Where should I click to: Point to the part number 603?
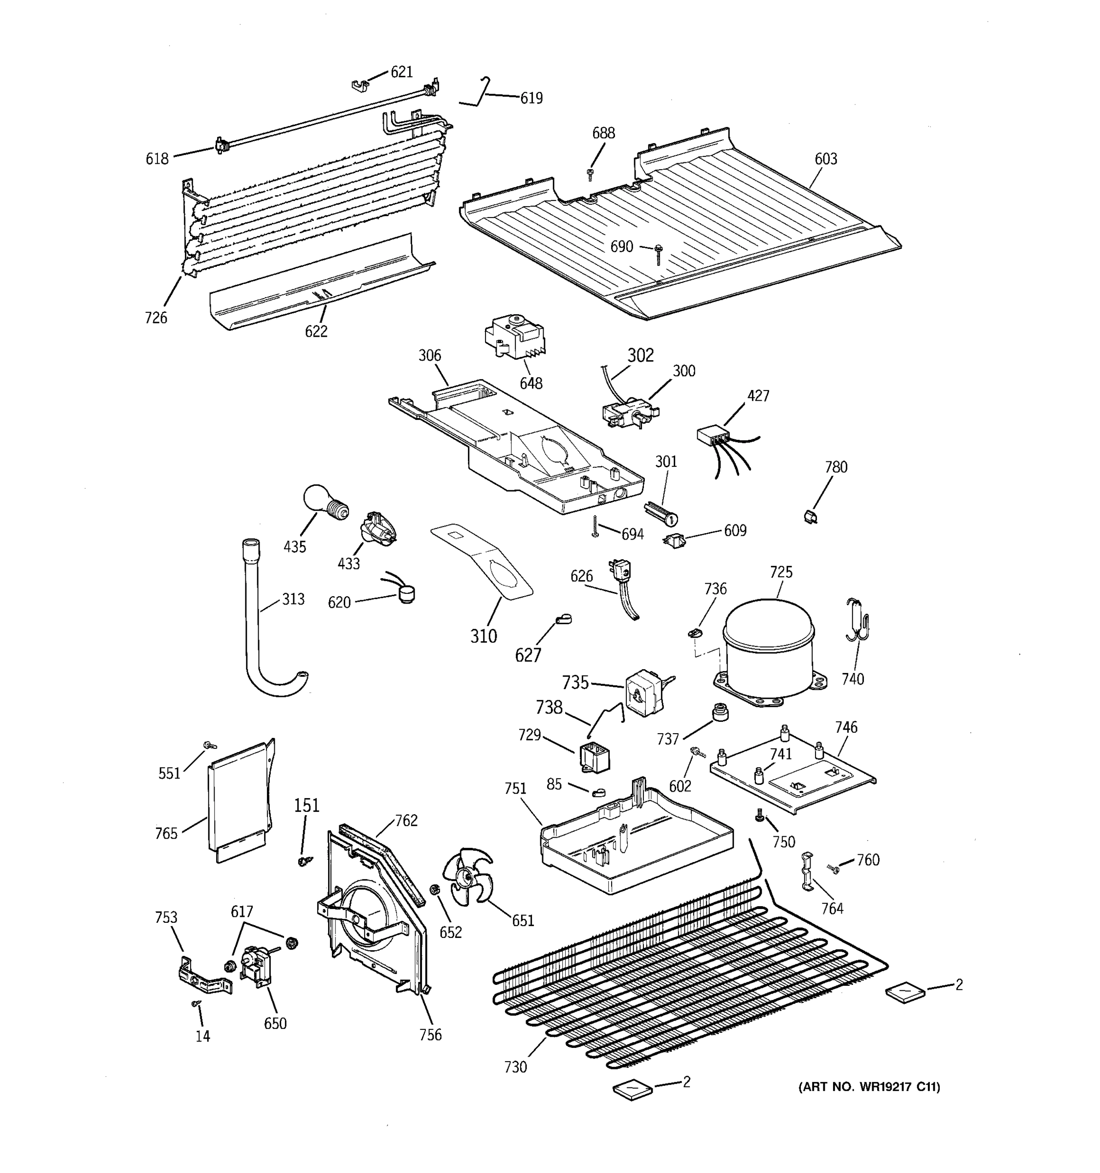826,158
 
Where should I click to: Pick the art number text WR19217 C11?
869,1086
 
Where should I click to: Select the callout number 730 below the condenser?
515,1067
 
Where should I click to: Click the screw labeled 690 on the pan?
657,254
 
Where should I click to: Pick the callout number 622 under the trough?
316,331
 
